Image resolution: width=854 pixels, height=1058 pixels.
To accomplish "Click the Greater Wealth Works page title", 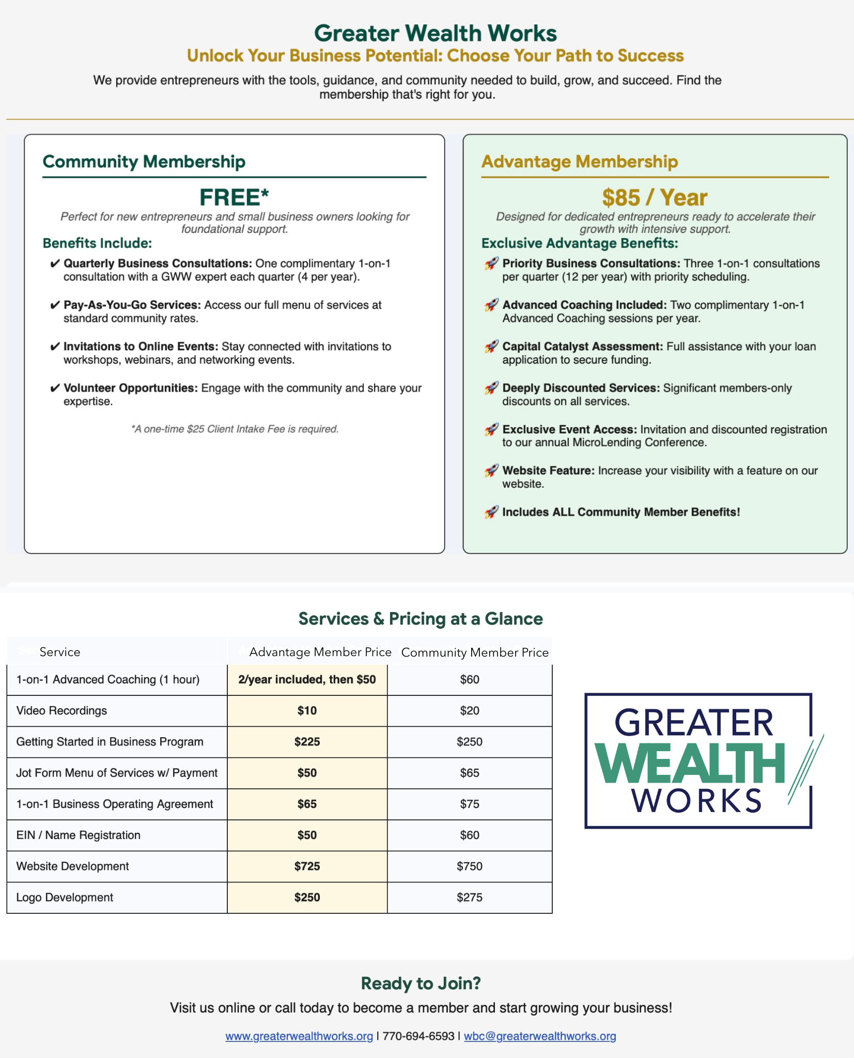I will click(x=435, y=33).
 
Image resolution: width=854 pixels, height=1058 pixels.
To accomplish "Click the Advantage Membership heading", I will click(x=579, y=162).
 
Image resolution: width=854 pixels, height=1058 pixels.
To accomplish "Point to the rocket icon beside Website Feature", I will click(x=491, y=471).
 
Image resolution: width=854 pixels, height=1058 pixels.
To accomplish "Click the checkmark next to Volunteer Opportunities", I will click(x=55, y=388).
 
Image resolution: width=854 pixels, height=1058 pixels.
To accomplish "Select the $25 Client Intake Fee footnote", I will click(x=235, y=429).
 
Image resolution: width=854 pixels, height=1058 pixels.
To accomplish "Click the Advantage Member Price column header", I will click(x=320, y=652).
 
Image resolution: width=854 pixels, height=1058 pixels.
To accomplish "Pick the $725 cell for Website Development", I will click(x=307, y=866).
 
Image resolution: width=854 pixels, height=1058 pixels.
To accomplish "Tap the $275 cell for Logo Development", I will click(x=469, y=897).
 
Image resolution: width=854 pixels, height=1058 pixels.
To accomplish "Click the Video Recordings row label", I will click(x=61, y=711).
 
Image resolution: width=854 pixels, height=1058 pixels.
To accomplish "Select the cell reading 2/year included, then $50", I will click(x=307, y=679).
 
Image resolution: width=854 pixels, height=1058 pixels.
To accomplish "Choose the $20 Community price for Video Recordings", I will click(x=469, y=711).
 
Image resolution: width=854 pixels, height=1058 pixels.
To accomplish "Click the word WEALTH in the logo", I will click(x=690, y=764).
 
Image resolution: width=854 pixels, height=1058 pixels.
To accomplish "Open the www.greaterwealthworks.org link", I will click(x=299, y=1036).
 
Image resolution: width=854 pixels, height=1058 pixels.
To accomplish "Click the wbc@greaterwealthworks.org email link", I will click(x=539, y=1036).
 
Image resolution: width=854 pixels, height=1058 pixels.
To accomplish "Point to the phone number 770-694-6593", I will click(x=418, y=1036).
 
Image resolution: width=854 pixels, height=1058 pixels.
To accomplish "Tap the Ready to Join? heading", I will click(x=421, y=984).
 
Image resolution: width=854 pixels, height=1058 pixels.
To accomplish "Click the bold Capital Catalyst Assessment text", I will click(x=582, y=347).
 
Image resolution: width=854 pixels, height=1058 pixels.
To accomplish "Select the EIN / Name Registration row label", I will click(x=78, y=835).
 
